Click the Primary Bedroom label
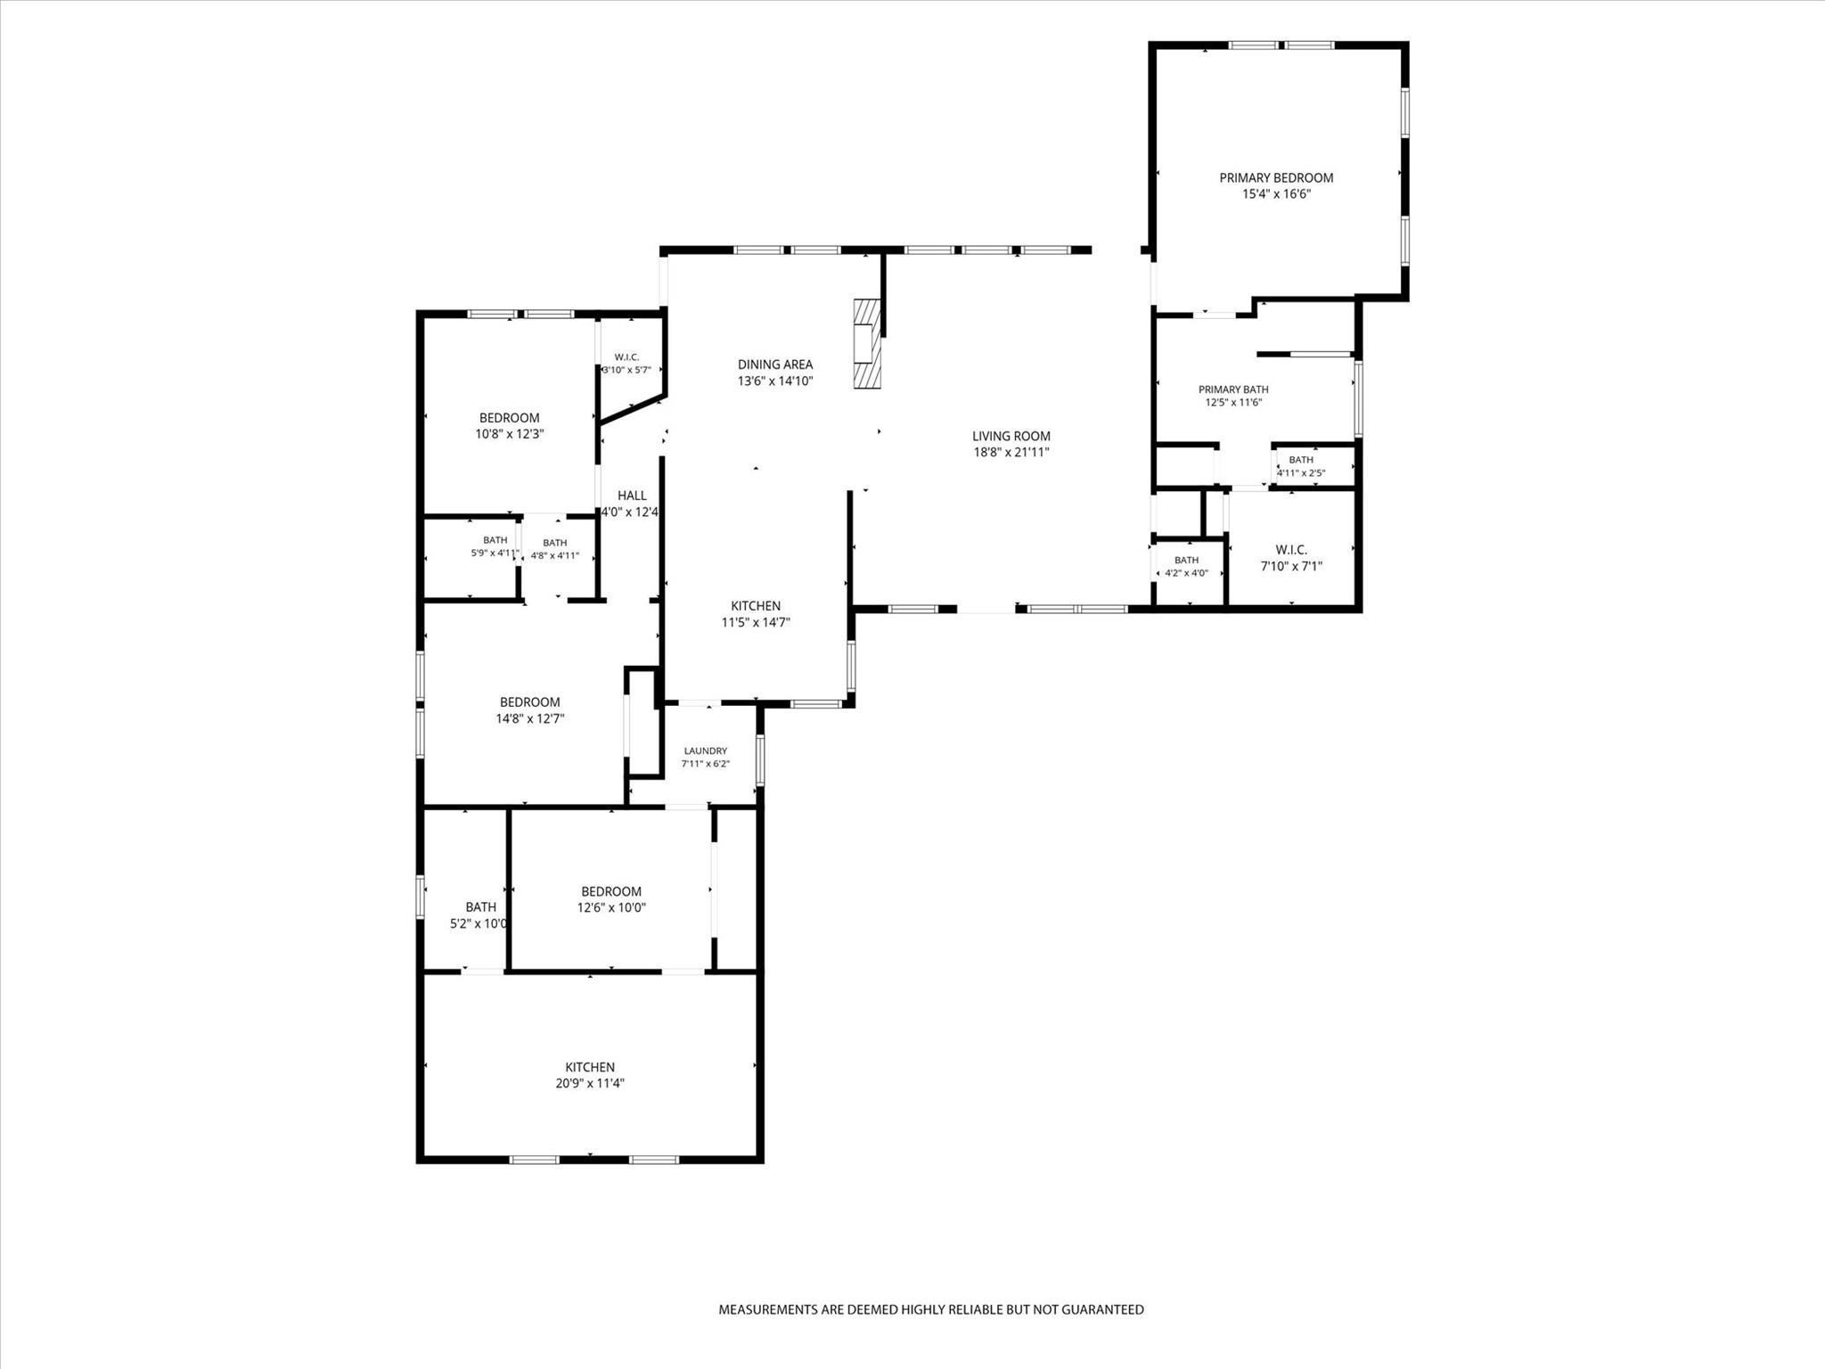pos(1276,177)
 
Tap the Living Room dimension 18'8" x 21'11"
pos(1011,452)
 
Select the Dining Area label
pos(775,364)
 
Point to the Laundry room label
pos(706,750)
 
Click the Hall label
pos(632,496)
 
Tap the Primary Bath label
pos(1233,389)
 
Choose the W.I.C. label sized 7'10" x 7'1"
pos(1291,550)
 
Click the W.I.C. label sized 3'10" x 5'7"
pos(626,357)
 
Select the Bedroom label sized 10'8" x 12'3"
pos(510,418)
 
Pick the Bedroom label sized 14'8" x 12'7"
pos(530,702)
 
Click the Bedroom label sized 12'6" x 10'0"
pos(611,891)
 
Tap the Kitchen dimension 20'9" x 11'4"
pos(590,1084)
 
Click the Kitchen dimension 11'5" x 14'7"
pos(756,622)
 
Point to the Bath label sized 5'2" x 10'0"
pos(481,907)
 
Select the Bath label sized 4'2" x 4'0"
pos(1187,560)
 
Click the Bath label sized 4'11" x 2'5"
pos(1301,460)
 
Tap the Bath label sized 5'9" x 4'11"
pos(495,539)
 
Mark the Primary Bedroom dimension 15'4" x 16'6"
pos(1277,193)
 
